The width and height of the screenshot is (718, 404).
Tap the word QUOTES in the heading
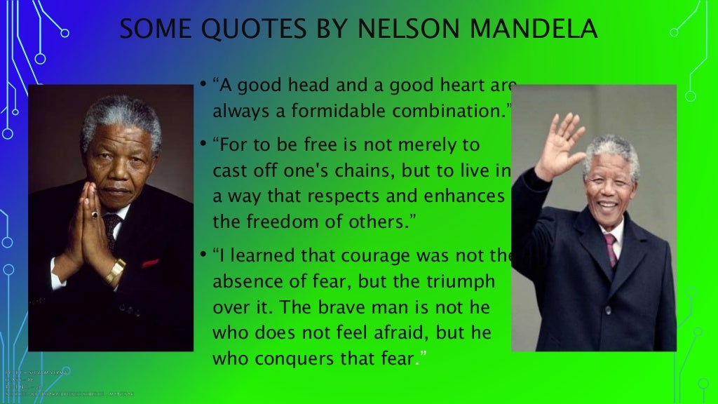coord(241,29)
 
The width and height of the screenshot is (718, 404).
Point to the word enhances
coord(466,196)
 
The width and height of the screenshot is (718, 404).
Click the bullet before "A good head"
coord(201,85)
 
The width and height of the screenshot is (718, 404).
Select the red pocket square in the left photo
coord(150,263)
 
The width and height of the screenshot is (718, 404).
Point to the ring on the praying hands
coord(94,214)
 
